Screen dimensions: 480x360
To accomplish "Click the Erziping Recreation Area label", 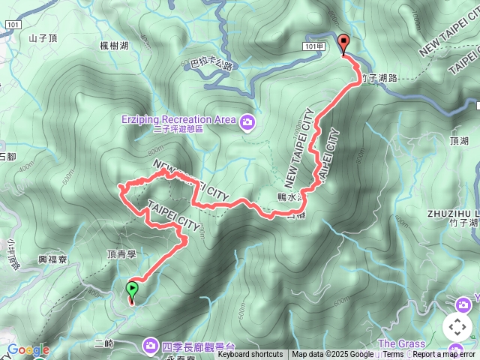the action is (x=178, y=119).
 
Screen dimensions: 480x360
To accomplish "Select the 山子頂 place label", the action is (x=43, y=37).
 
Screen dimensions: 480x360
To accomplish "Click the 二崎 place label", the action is (x=104, y=342).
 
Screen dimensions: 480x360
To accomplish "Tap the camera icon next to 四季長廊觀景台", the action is (x=150, y=346).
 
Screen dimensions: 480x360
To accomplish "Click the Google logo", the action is (x=28, y=350).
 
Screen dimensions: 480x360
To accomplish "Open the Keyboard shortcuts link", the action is (x=250, y=355).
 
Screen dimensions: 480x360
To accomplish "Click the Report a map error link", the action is (x=445, y=355).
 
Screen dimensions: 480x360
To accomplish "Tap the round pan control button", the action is (x=457, y=326).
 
